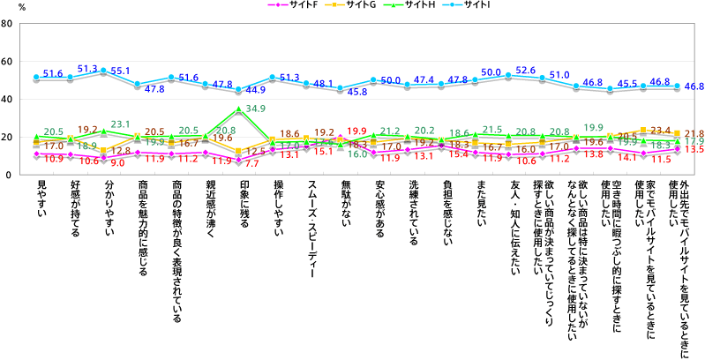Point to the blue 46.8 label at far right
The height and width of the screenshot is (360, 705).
(x=693, y=86)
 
